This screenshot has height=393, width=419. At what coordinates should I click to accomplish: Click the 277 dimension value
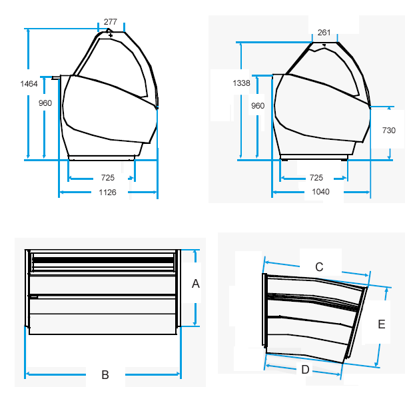click(x=111, y=21)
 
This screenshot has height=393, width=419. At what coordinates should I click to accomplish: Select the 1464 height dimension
click(x=29, y=84)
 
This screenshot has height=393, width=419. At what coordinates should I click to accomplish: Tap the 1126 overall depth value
click(x=107, y=193)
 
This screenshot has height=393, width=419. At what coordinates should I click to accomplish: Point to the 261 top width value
click(x=324, y=33)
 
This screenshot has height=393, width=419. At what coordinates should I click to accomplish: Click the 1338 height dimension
click(x=241, y=83)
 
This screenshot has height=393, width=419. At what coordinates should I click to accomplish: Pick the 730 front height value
click(x=389, y=131)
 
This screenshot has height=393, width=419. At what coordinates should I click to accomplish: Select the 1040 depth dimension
click(x=320, y=192)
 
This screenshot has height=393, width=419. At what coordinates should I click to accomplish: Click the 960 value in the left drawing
click(x=45, y=103)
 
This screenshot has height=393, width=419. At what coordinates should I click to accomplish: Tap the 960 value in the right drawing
click(x=258, y=106)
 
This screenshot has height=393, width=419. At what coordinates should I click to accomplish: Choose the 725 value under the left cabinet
click(x=108, y=178)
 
